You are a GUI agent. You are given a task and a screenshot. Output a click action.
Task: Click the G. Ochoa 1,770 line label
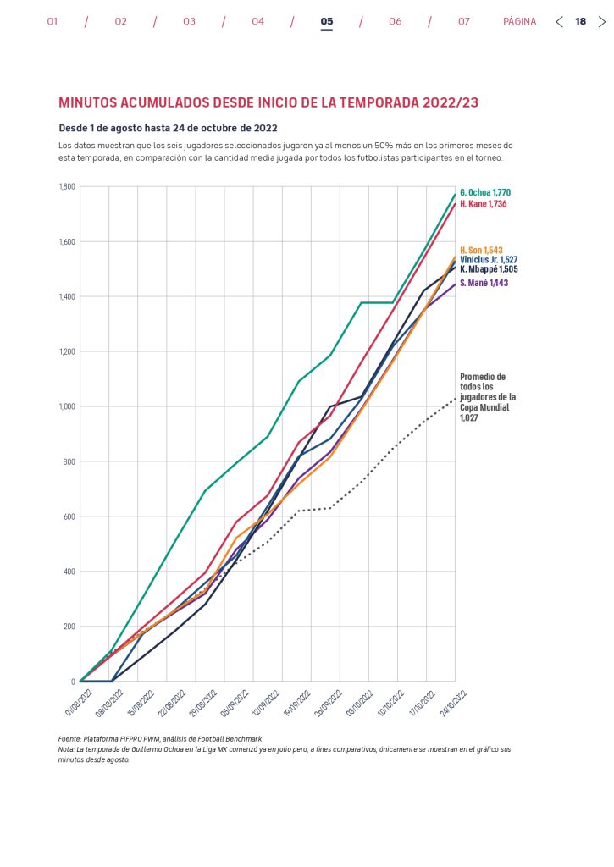(x=485, y=193)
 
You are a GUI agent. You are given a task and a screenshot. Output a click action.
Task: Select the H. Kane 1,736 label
(x=484, y=205)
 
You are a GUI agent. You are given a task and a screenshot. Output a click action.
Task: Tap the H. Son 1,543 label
(x=482, y=251)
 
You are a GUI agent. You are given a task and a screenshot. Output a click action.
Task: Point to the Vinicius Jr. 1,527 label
(x=489, y=260)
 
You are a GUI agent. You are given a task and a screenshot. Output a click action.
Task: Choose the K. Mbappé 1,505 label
(x=489, y=269)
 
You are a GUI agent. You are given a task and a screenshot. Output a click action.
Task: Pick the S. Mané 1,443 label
(x=484, y=284)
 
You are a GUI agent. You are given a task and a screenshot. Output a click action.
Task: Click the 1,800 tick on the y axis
(x=66, y=186)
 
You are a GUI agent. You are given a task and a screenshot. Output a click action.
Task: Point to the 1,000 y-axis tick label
(x=66, y=406)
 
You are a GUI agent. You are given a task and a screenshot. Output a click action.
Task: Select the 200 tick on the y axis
(x=69, y=627)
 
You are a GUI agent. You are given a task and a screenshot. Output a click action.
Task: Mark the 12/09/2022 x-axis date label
(x=271, y=701)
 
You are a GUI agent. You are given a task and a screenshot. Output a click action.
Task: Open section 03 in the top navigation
(x=189, y=22)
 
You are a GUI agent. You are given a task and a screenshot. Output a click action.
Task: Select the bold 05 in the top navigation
(x=327, y=22)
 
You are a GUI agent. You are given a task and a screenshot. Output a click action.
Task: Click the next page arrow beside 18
(x=602, y=22)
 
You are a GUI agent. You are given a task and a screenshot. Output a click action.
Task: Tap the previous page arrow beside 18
(x=559, y=22)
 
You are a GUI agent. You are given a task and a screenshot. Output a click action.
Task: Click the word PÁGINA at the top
(x=519, y=22)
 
